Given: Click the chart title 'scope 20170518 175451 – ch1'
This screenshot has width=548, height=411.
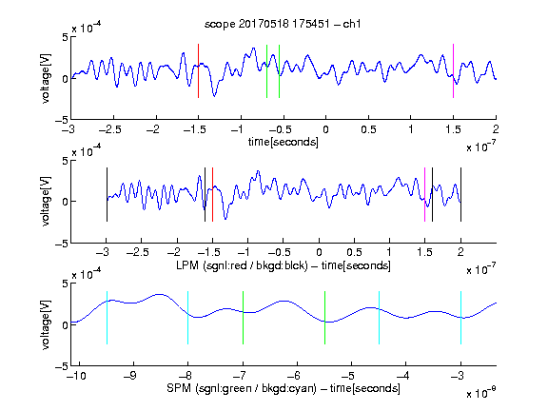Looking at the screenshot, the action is coord(283,24).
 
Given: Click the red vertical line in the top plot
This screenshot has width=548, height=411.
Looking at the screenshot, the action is coord(199,71).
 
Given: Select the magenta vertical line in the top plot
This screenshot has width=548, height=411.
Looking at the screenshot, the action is coord(453,71).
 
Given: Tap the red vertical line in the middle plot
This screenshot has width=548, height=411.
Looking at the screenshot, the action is coord(212,195).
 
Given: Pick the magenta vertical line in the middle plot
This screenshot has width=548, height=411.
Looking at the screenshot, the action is coord(424,195).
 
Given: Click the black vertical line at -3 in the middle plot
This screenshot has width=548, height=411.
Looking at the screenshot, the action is coord(107,195).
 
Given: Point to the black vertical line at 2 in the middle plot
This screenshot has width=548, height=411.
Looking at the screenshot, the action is coord(460,195).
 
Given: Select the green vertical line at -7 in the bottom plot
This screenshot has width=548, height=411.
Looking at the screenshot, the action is coord(243,318).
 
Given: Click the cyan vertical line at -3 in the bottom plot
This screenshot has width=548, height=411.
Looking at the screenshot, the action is coord(460,318).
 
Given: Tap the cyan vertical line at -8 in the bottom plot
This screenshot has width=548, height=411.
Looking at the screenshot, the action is coord(188,318).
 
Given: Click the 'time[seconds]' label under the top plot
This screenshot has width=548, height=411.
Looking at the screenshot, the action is coord(284,142).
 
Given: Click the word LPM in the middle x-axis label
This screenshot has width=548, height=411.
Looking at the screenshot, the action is coord(187,265).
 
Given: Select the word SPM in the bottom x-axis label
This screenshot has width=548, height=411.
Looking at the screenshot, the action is coord(179,388).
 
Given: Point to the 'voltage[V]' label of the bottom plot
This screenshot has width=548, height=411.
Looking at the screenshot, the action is coord(46,324).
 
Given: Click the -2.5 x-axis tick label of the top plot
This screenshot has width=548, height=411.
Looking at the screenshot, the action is coord(110,130).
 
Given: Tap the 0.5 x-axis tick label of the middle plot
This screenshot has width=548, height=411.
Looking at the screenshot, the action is coord(354,252).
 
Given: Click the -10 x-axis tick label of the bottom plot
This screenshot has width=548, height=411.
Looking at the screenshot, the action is coord(76,376).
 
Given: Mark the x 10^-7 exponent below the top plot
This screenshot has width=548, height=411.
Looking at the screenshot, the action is coord(481,147).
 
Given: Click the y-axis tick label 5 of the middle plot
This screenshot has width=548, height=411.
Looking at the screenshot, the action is coord(65,161).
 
